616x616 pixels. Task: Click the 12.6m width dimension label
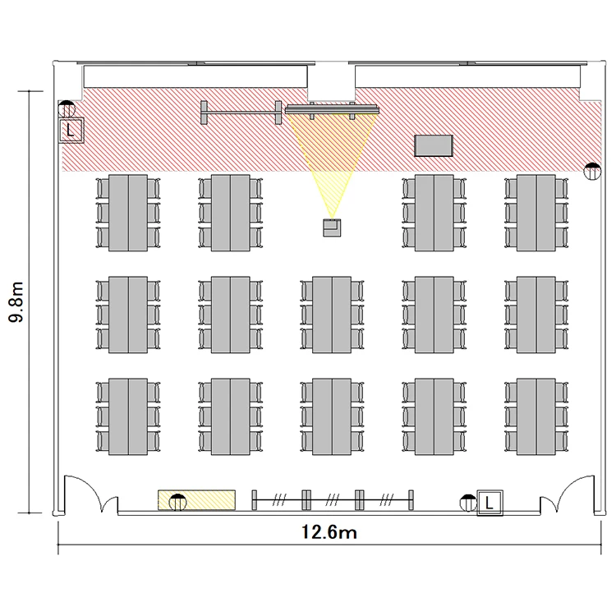coord(329,532)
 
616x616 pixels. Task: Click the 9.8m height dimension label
coord(16,301)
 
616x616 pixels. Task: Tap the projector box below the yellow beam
coord(332,228)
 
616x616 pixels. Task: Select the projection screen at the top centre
coord(332,108)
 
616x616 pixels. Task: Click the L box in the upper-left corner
coord(71,130)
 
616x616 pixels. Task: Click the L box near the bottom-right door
coord(490,503)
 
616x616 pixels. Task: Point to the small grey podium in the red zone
coord(434,145)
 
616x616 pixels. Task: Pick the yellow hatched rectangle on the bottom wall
coord(196,500)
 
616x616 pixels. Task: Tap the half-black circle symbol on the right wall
coord(592,171)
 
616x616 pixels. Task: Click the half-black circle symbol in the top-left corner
coord(67,108)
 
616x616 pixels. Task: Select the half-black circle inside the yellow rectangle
coord(177,502)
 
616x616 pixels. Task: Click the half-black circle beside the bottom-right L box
coord(468,503)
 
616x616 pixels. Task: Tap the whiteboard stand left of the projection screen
coord(241,113)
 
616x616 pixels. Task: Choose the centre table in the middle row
coord(332,315)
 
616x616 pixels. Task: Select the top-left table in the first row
coord(128,213)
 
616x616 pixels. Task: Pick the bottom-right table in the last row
coord(536,416)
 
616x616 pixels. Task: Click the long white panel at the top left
coord(195,76)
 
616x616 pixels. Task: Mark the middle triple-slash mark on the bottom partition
coord(333,499)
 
